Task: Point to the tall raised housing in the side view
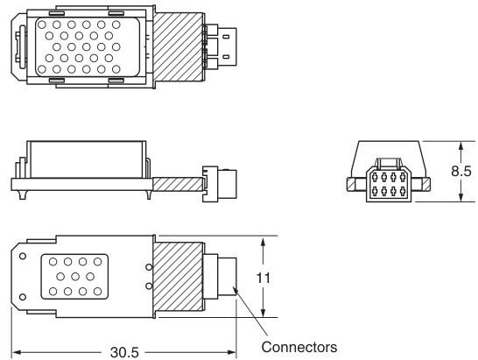pyautogui.click(x=86, y=158)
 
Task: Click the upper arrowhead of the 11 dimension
pyautogui.click(x=263, y=241)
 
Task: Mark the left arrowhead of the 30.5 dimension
pyautogui.click(x=15, y=352)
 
